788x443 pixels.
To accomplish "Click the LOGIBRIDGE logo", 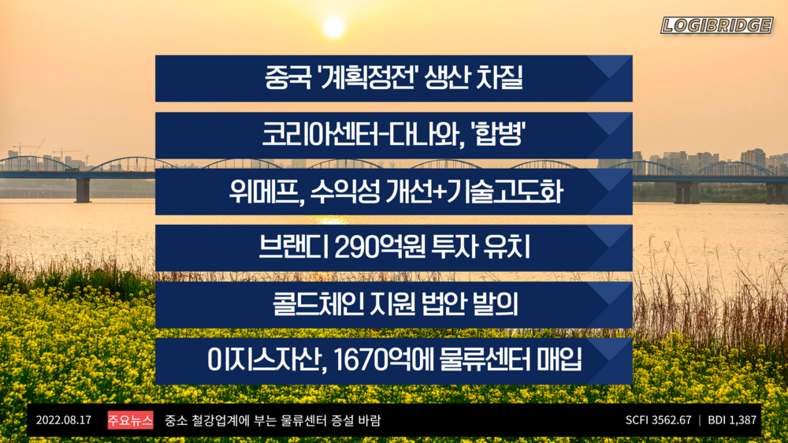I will [716, 25].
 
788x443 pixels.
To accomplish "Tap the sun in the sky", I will [333, 27].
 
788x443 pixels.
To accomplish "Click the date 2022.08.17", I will [64, 421].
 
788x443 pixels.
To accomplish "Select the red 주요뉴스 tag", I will [130, 421].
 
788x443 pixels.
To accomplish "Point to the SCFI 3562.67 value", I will [658, 421].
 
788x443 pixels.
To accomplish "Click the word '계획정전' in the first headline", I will [367, 79].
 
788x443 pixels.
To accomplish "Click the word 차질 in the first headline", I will [500, 79].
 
